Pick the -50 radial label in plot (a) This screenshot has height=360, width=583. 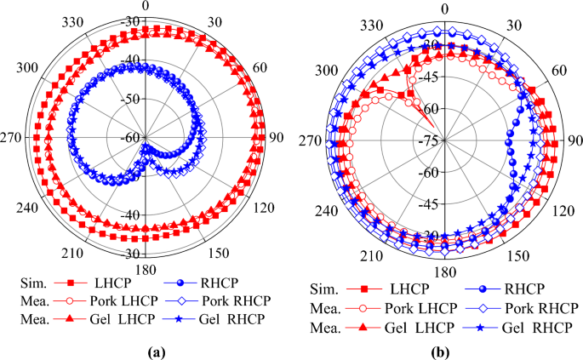pos(131,100)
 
